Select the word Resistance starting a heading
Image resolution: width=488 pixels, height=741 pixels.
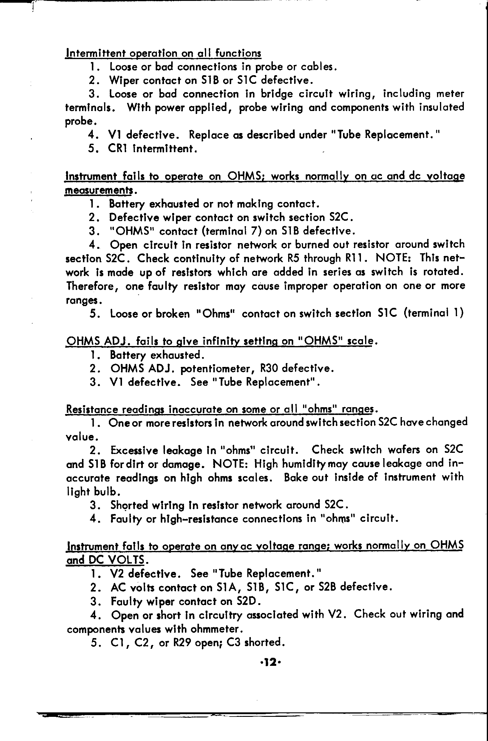pyautogui.click(x=92, y=409)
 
